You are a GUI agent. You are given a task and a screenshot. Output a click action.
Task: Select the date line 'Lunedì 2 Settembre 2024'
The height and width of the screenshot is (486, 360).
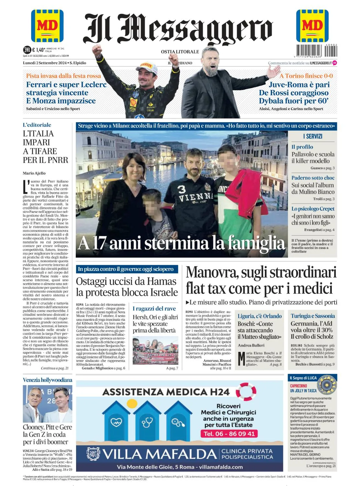pos(45,63)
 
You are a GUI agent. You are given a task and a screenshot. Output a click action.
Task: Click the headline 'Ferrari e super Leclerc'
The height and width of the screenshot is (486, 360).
pos(66,85)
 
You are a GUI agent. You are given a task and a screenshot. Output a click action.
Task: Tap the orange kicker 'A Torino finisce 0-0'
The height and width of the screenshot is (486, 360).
pos(306,76)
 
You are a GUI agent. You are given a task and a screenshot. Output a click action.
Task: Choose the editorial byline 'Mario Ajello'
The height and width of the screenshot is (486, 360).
pos(34,173)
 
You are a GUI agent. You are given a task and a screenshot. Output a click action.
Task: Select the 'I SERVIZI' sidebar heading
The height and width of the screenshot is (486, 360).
pos(312,136)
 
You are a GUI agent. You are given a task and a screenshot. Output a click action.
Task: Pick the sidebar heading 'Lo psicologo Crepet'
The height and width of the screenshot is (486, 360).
pos(313,209)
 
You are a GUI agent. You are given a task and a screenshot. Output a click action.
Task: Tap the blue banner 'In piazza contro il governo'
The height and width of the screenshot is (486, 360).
pos(126,269)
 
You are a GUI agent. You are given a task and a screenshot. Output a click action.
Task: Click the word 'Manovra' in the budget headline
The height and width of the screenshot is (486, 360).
pos(212,273)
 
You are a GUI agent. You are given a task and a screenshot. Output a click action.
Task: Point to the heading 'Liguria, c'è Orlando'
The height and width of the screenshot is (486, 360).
pos(260,316)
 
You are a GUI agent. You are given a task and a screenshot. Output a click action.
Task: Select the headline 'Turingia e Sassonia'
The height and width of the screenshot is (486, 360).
pos(313,316)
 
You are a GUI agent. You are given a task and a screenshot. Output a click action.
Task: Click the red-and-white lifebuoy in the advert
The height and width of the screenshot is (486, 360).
pos(246,392)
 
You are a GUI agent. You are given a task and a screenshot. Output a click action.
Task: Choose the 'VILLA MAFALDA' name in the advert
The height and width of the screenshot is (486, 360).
pos(160,454)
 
